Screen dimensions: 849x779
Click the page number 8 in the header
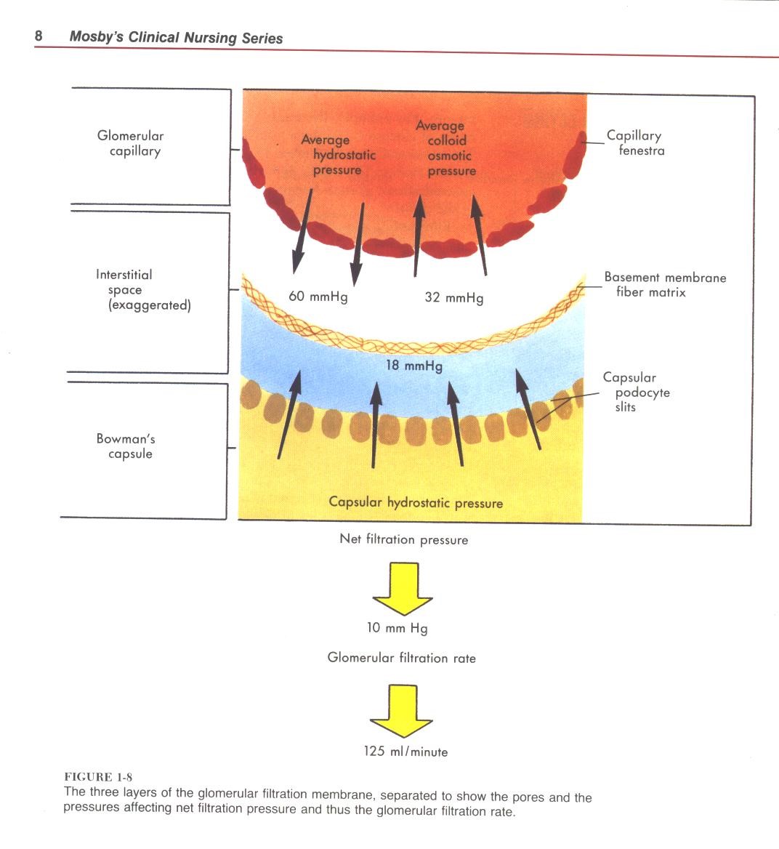tap(39, 36)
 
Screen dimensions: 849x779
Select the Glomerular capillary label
tap(131, 143)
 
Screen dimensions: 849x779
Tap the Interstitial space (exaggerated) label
tap(142, 290)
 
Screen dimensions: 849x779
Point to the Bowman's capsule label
tap(126, 446)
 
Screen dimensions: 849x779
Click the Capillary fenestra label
tap(636, 143)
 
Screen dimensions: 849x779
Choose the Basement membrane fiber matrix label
tap(664, 285)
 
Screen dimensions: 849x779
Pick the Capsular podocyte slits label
tap(636, 393)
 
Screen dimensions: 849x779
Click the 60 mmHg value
tap(318, 297)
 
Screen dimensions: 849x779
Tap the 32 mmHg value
tap(453, 297)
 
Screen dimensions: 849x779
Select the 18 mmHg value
tap(413, 366)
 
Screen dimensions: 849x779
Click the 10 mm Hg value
tap(397, 628)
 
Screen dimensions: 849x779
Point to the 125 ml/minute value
tap(405, 752)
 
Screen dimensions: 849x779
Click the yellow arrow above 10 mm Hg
tap(403, 589)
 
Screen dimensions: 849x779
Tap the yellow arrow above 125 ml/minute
tap(402, 712)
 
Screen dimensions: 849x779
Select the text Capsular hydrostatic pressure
tap(416, 502)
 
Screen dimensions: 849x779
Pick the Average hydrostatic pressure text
tap(337, 155)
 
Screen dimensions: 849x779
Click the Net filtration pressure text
tap(403, 539)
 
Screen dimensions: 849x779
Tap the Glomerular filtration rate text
tap(401, 658)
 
